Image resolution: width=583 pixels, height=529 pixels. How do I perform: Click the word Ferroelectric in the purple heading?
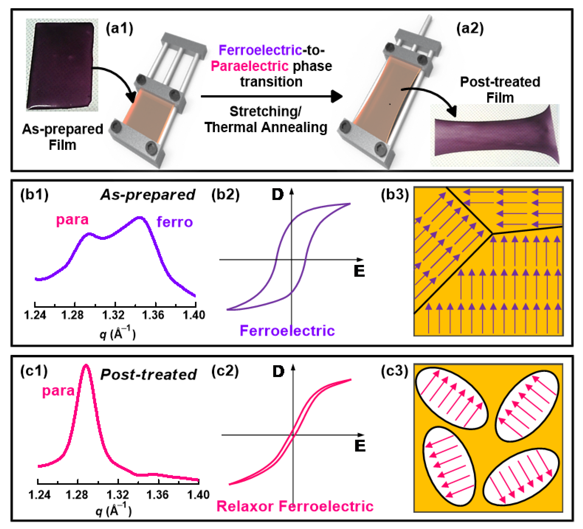pyautogui.click(x=260, y=50)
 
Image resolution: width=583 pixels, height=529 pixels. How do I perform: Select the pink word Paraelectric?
pyautogui.click(x=250, y=66)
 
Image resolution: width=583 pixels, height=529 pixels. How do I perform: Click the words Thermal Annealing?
pyautogui.click(x=266, y=127)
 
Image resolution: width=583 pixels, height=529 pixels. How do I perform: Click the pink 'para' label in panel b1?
pyautogui.click(x=72, y=220)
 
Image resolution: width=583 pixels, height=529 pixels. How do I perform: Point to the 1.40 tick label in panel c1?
pyautogui.click(x=198, y=495)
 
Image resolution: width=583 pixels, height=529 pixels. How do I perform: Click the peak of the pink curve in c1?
pyautogui.click(x=86, y=366)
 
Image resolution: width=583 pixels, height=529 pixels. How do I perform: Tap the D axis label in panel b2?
pyautogui.click(x=278, y=195)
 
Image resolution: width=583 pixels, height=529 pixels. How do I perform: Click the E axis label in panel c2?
pyautogui.click(x=360, y=446)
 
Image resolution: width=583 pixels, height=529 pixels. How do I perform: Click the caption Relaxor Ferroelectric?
pyautogui.click(x=295, y=506)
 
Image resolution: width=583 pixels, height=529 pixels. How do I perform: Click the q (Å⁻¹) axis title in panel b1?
pyautogui.click(x=117, y=333)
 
